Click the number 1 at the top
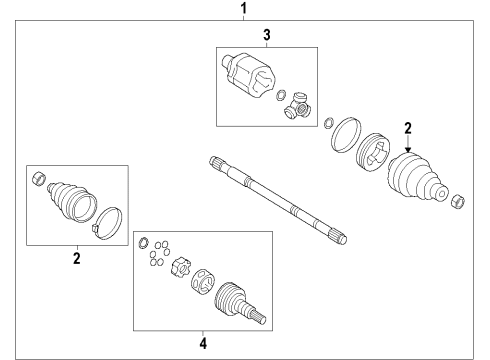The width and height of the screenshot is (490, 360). pyautogui.click(x=241, y=9)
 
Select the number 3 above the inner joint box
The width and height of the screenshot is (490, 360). pyautogui.click(x=267, y=36)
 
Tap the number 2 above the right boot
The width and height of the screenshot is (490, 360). pyautogui.click(x=408, y=127)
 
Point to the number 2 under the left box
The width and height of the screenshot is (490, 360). pyautogui.click(x=76, y=257)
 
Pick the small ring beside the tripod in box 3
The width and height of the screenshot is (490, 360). pyautogui.click(x=282, y=97)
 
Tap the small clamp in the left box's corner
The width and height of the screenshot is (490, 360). pyautogui.click(x=38, y=178)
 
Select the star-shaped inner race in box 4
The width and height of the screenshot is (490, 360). pyautogui.click(x=182, y=268)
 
